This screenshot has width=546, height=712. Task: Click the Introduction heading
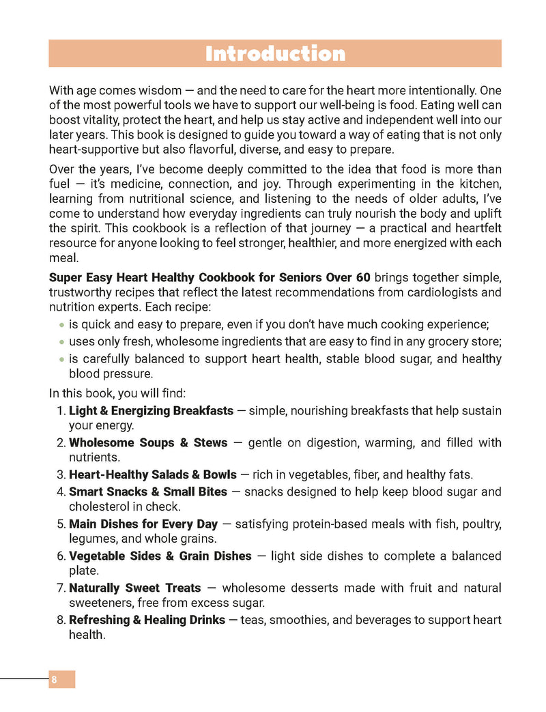(x=275, y=53)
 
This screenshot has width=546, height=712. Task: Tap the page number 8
(x=54, y=679)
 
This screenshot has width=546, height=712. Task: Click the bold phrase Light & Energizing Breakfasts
(x=151, y=411)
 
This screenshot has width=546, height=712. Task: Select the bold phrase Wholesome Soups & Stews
(x=148, y=443)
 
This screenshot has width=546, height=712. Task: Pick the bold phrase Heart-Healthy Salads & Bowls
(x=153, y=474)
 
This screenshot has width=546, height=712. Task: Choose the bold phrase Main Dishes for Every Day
(x=143, y=524)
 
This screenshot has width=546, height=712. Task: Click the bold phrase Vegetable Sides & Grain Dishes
(x=160, y=556)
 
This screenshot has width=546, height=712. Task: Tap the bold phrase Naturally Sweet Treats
(x=135, y=588)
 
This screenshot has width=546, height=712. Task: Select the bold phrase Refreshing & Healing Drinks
(x=147, y=620)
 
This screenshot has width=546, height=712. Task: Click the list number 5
(x=60, y=524)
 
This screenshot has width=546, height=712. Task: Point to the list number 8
(x=60, y=620)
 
